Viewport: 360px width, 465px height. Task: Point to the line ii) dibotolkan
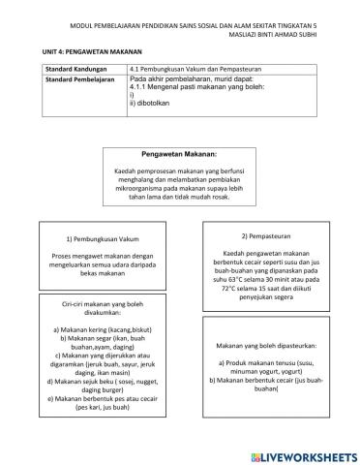[x=151, y=102]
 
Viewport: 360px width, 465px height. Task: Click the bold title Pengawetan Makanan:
[x=180, y=154]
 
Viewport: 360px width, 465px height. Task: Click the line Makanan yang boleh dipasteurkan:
[x=268, y=344]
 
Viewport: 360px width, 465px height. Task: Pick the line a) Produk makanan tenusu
[x=268, y=362]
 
